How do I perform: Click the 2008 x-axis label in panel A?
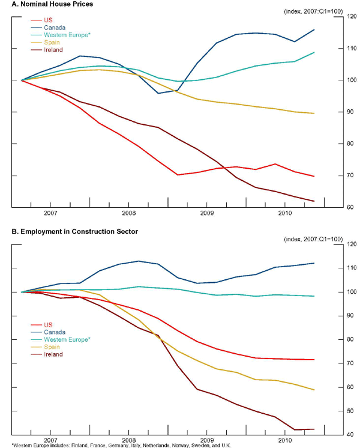tap(128, 213)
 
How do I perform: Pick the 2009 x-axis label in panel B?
tap(206, 440)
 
